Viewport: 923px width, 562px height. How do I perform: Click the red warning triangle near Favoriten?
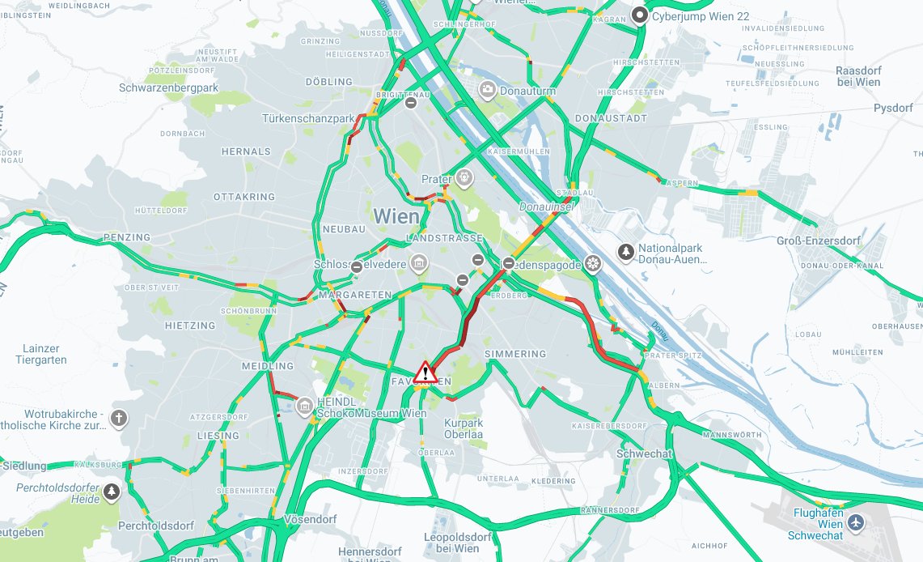point(426,373)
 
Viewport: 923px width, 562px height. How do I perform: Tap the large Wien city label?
point(396,217)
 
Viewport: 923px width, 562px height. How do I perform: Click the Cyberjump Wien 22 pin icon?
point(641,15)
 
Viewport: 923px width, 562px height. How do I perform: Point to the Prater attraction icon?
point(464,177)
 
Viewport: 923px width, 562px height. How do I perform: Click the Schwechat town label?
point(644,453)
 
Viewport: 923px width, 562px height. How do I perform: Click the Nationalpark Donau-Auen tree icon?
point(626,253)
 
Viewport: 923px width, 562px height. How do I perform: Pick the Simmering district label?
point(515,355)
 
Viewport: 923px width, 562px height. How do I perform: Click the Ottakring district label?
point(244,197)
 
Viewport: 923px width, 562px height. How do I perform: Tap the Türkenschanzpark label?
point(308,119)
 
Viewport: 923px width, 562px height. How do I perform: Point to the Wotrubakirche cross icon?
point(119,419)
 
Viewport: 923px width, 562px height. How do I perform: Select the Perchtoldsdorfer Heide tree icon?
point(112,491)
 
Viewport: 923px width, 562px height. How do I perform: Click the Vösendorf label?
point(311,518)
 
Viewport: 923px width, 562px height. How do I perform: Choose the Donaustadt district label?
point(611,118)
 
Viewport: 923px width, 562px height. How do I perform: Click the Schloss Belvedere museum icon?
point(419,262)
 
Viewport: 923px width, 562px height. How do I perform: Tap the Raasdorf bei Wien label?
point(857,76)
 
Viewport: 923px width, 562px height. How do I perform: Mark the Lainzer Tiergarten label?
point(40,354)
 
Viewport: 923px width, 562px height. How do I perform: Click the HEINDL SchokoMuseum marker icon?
point(304,406)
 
